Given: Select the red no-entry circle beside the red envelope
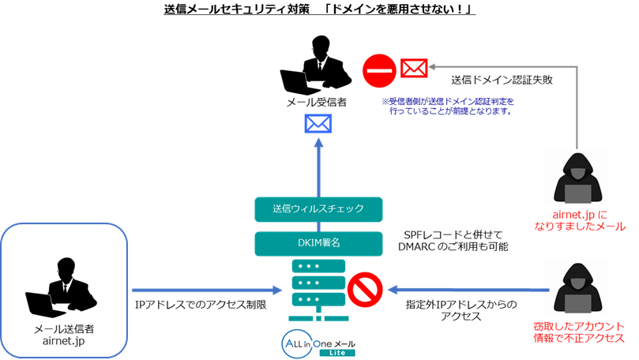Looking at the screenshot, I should click(x=378, y=69).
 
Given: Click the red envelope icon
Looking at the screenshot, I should click(x=413, y=68).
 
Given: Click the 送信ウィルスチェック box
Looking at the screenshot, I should click(x=318, y=208).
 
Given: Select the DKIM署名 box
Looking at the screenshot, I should click(x=318, y=242).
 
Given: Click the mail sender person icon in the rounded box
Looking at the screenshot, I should click(x=63, y=289).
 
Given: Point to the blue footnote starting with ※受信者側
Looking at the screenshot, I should click(x=447, y=106).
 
